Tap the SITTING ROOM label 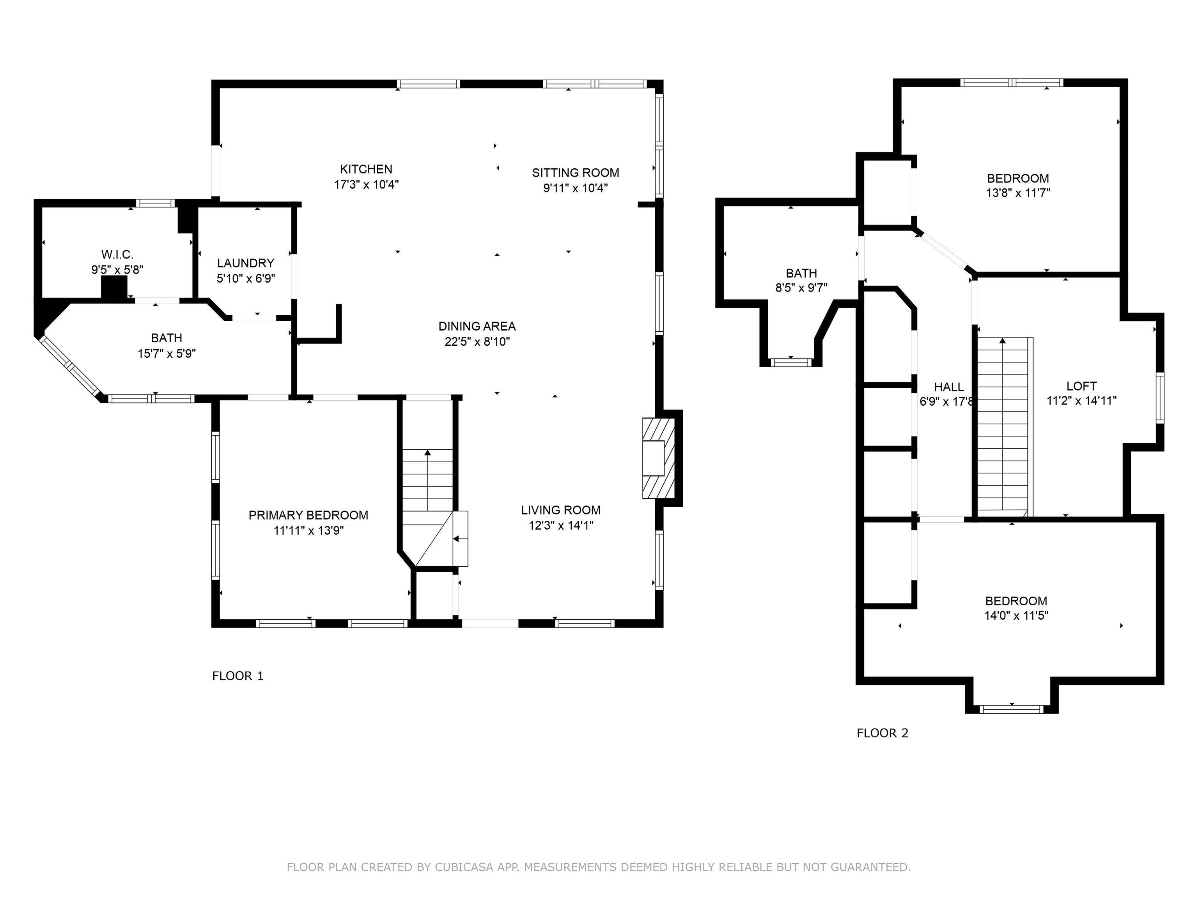pos(575,173)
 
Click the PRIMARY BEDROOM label pos(308,515)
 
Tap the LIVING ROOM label pos(560,510)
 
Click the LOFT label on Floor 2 pos(1081,386)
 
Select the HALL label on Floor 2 pos(949,387)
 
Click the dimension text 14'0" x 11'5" pos(1016,615)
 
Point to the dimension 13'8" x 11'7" pos(1018,193)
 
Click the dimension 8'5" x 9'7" pos(801,288)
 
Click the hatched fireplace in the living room pos(659,458)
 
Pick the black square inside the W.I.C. pos(114,287)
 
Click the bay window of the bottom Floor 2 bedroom pos(1011,709)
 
